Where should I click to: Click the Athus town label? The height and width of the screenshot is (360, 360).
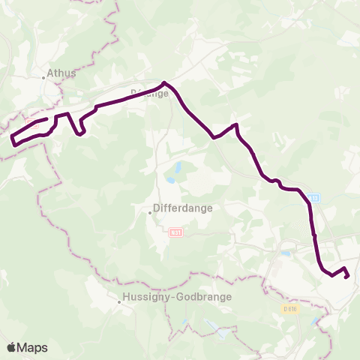61,73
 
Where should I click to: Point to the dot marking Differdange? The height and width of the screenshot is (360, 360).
150,212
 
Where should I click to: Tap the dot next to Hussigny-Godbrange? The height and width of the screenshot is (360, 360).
119,303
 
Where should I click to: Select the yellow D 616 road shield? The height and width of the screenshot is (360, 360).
290,308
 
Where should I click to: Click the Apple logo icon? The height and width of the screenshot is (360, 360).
11,347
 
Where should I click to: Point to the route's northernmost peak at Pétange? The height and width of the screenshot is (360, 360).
163,82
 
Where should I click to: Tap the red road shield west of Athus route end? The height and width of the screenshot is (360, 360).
30,120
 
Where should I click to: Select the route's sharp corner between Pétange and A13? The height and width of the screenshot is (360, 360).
236,124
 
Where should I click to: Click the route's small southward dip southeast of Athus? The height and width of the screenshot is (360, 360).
81,133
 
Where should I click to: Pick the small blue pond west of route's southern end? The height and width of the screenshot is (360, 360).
286,254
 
